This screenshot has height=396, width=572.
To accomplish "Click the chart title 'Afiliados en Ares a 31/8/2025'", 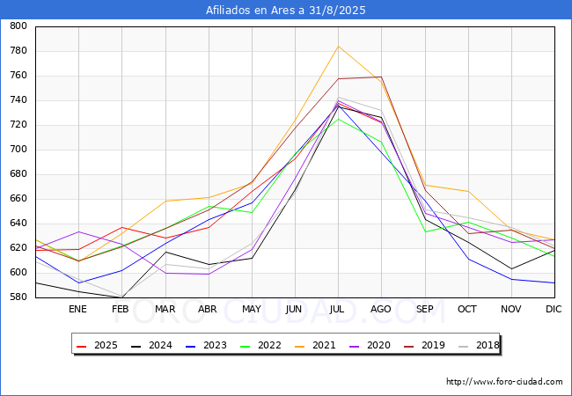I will click(x=285, y=11).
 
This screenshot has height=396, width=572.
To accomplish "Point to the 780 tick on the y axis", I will click(x=18, y=51).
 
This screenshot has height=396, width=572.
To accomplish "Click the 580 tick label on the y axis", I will click(x=18, y=297).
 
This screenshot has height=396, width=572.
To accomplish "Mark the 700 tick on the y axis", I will click(x=18, y=150).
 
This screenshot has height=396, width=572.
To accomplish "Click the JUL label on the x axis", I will click(x=338, y=309).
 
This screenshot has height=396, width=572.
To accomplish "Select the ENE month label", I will click(x=78, y=309).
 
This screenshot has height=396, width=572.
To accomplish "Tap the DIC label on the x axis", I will click(x=554, y=309).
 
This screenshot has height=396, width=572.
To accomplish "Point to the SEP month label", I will click(x=424, y=309).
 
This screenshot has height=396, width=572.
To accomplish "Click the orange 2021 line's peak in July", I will click(x=338, y=46).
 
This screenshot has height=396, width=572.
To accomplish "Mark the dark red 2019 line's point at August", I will click(x=381, y=77).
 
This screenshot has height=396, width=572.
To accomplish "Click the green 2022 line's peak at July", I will click(x=338, y=119).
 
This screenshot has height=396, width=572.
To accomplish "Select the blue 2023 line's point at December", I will click(x=554, y=282).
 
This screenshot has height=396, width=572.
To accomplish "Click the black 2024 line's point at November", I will click(x=510, y=269).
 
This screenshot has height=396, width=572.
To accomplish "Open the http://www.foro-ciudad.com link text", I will click(x=504, y=382).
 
